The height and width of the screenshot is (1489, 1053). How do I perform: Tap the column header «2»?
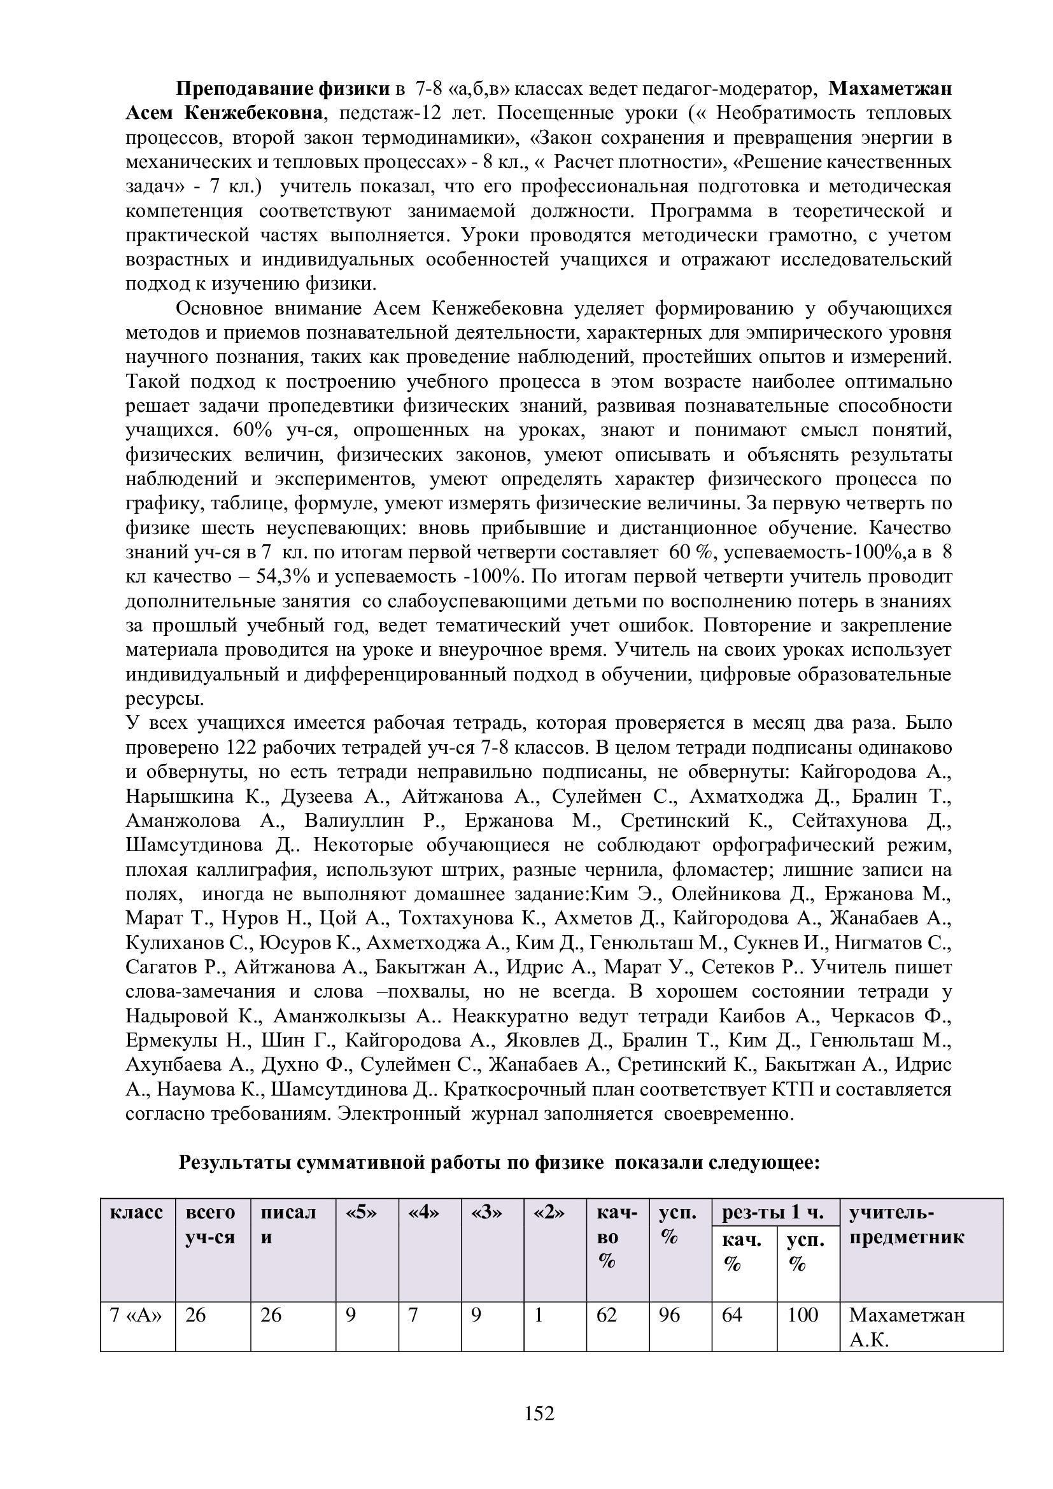click(549, 1212)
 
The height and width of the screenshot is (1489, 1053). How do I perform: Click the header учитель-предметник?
click(907, 1224)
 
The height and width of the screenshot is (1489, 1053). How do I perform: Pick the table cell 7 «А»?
click(136, 1315)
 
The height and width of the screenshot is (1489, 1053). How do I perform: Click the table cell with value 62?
click(607, 1315)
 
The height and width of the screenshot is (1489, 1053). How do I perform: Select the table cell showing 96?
click(669, 1315)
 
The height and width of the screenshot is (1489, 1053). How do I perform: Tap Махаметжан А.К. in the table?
click(907, 1327)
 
